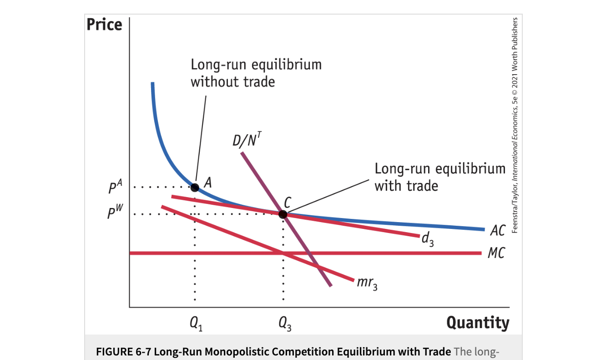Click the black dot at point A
(x=195, y=187)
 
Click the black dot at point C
(x=283, y=214)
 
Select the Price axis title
(x=105, y=25)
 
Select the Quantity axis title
(x=478, y=323)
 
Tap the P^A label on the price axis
(x=116, y=187)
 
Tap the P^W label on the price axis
(x=116, y=213)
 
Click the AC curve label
(x=497, y=231)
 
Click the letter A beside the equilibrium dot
(x=208, y=183)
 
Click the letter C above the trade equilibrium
(x=288, y=202)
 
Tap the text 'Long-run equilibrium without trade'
(x=256, y=73)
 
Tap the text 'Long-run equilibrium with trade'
(x=439, y=177)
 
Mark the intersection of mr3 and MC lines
(x=283, y=253)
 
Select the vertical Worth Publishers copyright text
(x=515, y=125)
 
